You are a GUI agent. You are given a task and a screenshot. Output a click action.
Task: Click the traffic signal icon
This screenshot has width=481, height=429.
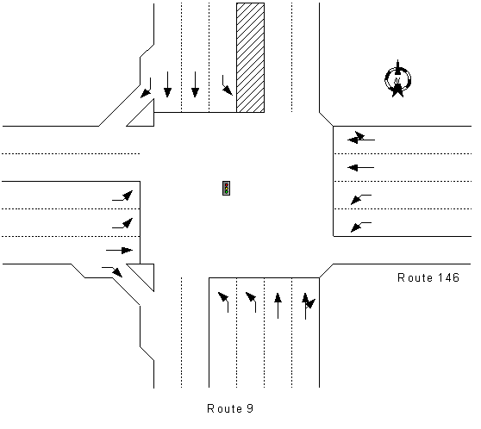pyautogui.click(x=226, y=188)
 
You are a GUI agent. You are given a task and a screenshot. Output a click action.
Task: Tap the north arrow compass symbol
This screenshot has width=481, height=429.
pyautogui.click(x=397, y=79)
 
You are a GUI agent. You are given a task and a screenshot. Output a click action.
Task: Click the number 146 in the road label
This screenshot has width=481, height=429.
pyautogui.click(x=448, y=277)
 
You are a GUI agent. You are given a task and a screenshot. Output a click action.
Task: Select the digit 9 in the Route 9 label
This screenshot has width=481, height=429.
pyautogui.click(x=250, y=408)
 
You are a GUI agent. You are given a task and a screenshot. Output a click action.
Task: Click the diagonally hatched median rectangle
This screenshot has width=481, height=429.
pyautogui.click(x=250, y=58)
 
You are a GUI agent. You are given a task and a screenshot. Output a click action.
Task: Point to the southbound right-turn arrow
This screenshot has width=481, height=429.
pyautogui.click(x=147, y=90)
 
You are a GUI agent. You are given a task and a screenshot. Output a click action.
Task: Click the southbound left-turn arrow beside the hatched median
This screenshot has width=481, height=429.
pyautogui.click(x=227, y=86)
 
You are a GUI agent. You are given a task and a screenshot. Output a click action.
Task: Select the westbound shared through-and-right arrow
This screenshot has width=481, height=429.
pyautogui.click(x=360, y=138)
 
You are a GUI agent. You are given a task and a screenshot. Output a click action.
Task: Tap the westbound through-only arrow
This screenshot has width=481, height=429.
pyautogui.click(x=360, y=168)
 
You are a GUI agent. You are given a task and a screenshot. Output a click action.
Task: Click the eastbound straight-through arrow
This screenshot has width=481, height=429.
pyautogui.click(x=119, y=250)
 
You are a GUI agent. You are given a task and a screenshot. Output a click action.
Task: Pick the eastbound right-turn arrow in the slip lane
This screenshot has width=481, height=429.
pyautogui.click(x=113, y=270)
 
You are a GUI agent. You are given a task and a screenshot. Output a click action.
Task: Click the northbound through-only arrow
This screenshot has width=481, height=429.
pyautogui.click(x=278, y=306)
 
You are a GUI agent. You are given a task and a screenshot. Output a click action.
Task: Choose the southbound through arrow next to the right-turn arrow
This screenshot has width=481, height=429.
pyautogui.click(x=167, y=84)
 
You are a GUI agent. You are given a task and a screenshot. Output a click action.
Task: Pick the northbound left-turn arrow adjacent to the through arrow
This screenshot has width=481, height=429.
pyautogui.click(x=251, y=302)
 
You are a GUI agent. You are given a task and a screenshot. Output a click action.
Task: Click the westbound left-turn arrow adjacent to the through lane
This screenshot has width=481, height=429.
pyautogui.click(x=361, y=199)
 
